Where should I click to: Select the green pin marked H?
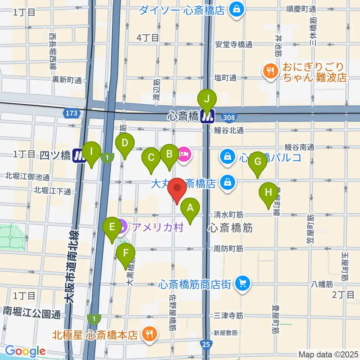click(x=268, y=193)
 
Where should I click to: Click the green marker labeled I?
click(x=91, y=152)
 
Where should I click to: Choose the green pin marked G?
click(x=258, y=162)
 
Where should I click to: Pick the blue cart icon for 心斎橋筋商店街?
click(x=243, y=283)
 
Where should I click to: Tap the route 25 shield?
click(x=205, y=344)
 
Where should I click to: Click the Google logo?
click(x=25, y=351)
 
